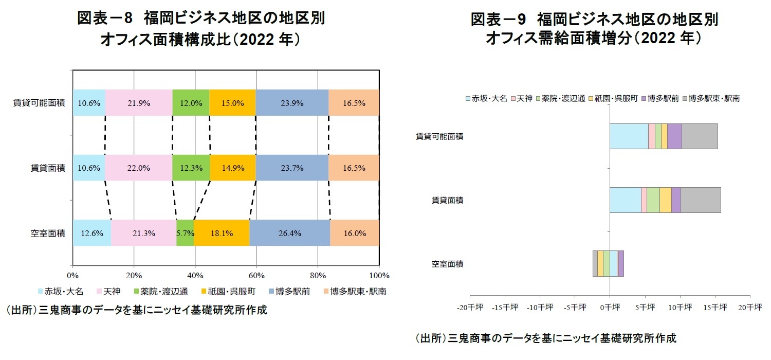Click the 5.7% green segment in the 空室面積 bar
point(185,233)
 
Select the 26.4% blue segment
point(289,233)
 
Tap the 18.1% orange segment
point(222,233)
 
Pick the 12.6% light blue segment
point(92,233)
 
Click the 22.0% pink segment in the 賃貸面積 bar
point(139,168)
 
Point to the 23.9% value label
point(292,103)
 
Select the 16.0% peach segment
point(354,233)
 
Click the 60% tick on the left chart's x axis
point(256,275)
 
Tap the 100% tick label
point(379,275)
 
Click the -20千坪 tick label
point(470,308)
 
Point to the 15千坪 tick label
point(715,308)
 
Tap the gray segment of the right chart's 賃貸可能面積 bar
point(700,136)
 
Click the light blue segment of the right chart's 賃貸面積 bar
point(625,200)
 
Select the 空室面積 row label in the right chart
point(447,264)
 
